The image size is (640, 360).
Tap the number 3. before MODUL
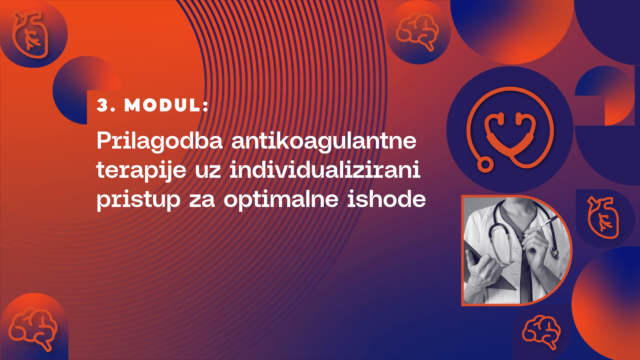[106, 106]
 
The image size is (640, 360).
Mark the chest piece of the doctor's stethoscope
[554, 252]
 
